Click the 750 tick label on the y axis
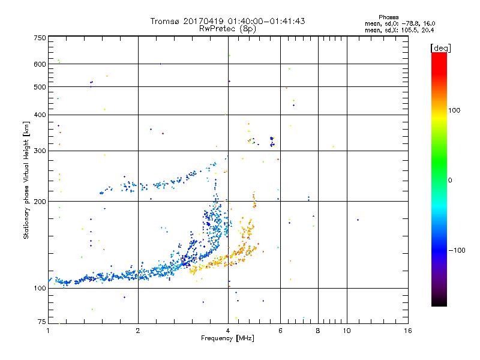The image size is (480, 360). coord(40,38)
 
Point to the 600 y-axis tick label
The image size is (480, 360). coord(40,64)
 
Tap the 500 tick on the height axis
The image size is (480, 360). coord(40,87)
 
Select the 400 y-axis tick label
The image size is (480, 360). coord(40,115)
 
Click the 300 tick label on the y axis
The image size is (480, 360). coord(40,151)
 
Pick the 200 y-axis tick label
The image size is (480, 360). coord(40,202)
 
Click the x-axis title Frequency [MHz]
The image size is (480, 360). coord(228,339)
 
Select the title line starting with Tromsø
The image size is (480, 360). coord(227,21)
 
